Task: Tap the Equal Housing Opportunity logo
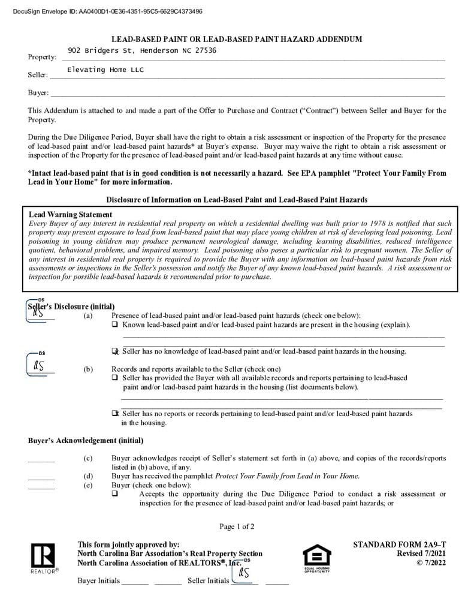[x=316, y=558]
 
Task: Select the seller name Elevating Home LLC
[x=105, y=70]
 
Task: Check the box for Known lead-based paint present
[x=114, y=324]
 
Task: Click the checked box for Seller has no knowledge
[x=115, y=351]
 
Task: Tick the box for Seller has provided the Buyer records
[x=114, y=378]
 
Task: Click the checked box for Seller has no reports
[x=115, y=414]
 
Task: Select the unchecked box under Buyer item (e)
[x=114, y=494]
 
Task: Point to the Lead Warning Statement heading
[x=70, y=215]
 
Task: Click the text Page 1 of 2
[x=237, y=526]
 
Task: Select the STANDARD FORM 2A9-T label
[x=399, y=544]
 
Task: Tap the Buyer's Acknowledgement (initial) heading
[x=86, y=441]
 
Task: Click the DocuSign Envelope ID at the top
[x=107, y=11]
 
